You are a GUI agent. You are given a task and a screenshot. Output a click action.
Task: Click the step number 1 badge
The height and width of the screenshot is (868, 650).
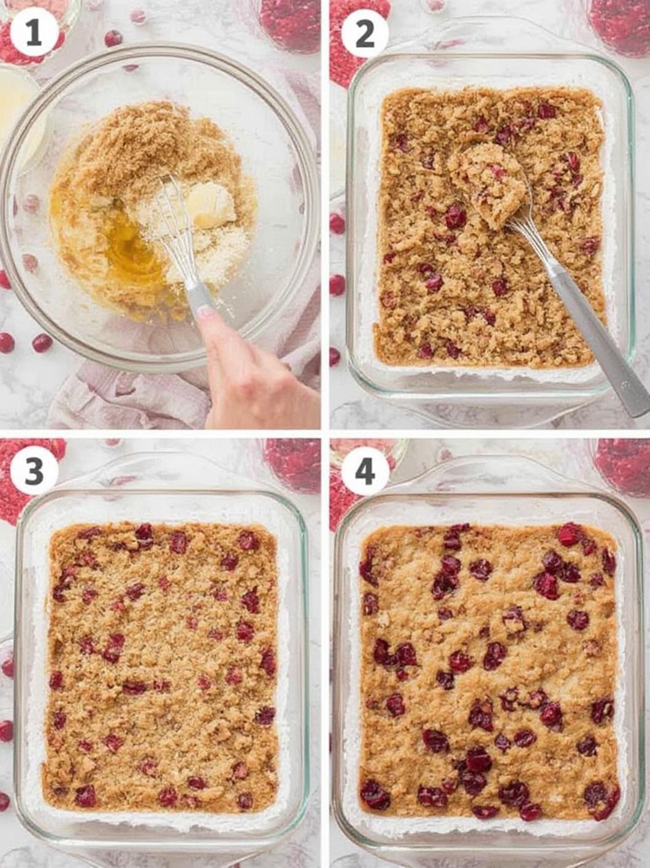(33, 34)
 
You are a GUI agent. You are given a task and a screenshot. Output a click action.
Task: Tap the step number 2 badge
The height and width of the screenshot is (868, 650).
(364, 34)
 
